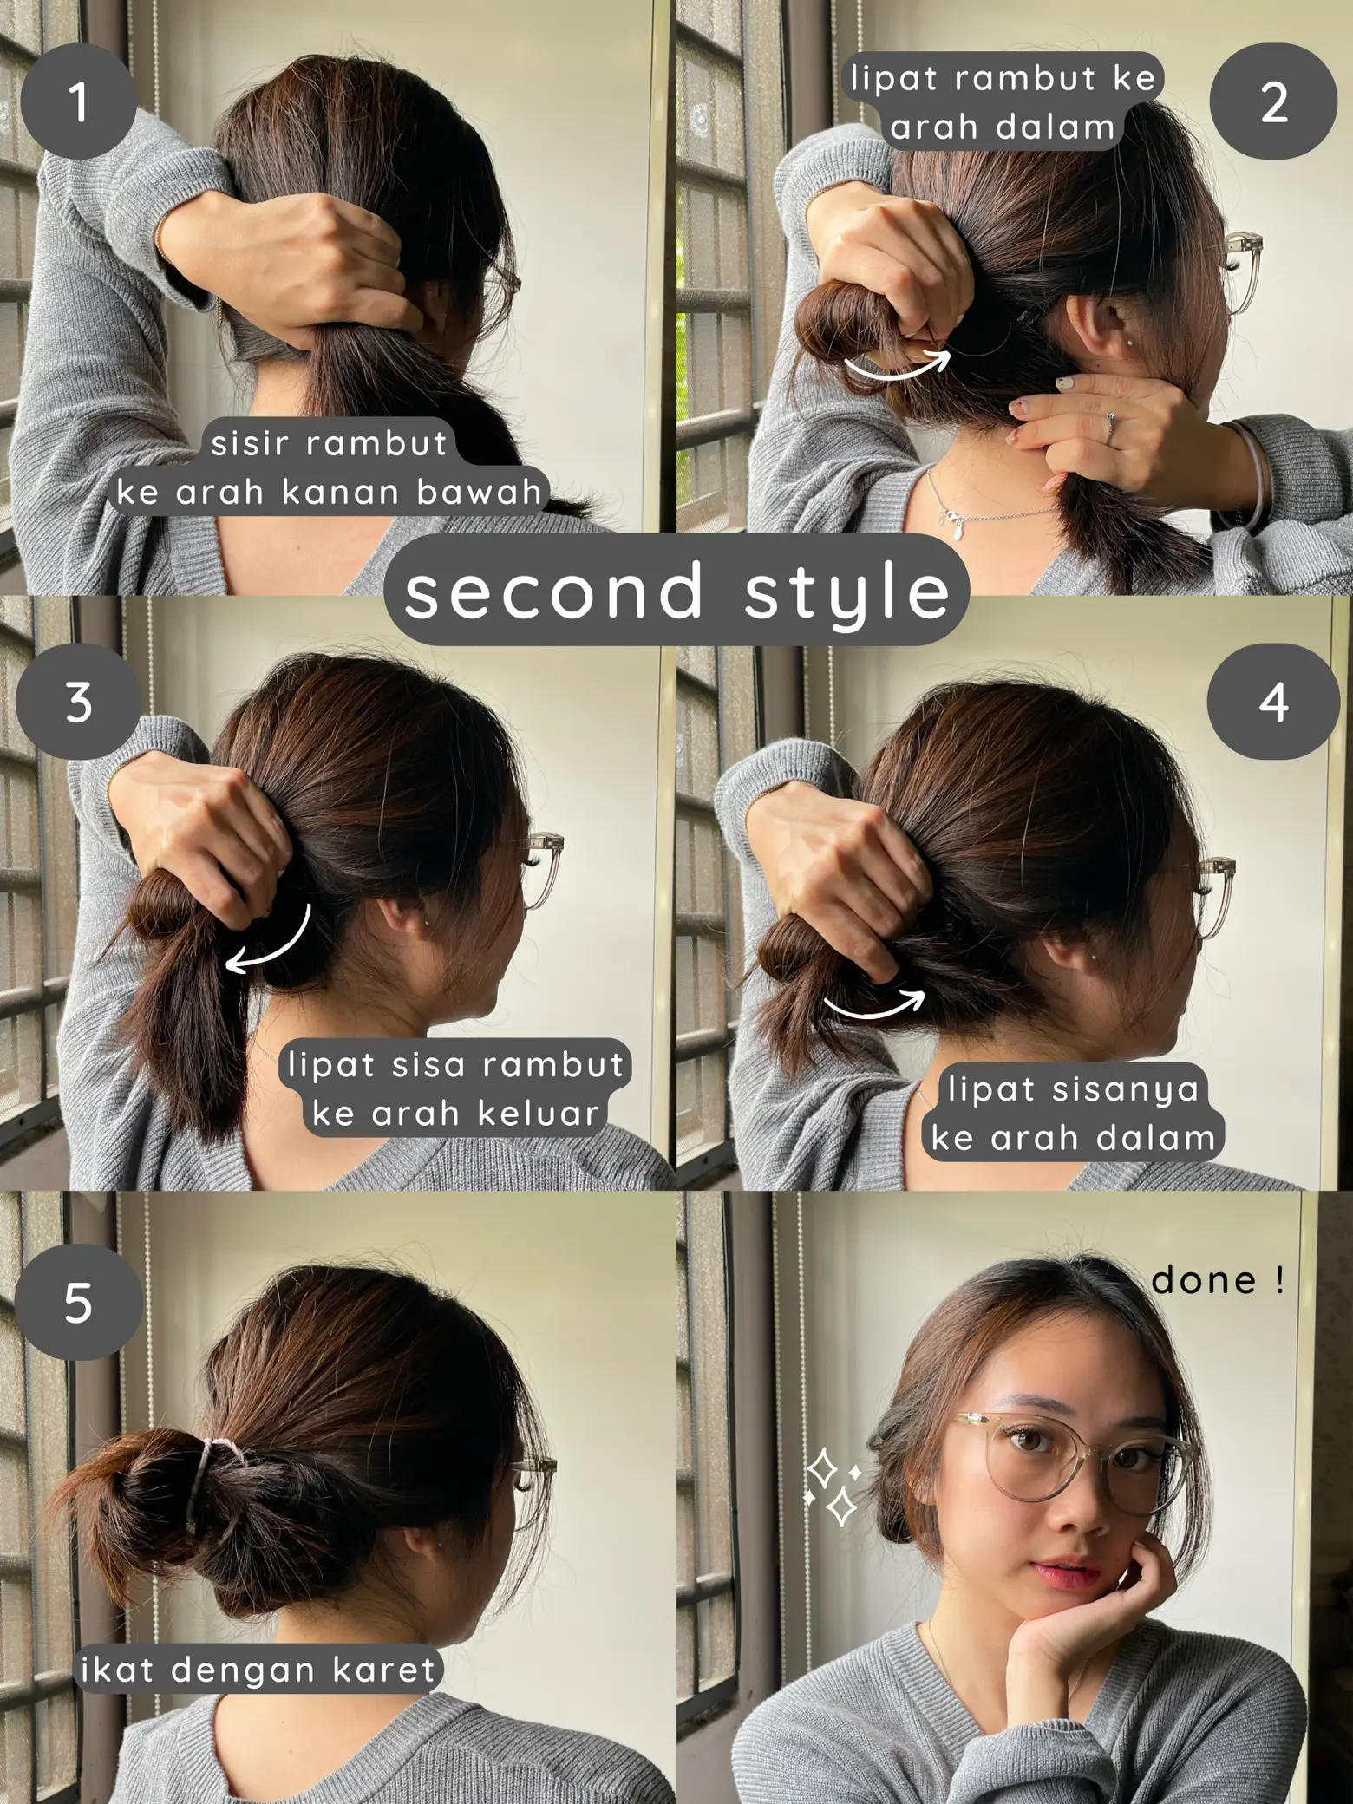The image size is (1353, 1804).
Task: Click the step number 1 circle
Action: point(78,102)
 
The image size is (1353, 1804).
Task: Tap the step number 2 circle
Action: point(1272,102)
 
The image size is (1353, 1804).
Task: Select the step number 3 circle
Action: point(78,701)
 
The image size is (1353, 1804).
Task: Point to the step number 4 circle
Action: point(1272,701)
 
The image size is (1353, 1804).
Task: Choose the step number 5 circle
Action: point(78,1301)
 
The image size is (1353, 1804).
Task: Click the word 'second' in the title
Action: point(553,590)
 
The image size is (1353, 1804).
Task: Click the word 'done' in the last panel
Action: point(1203,1280)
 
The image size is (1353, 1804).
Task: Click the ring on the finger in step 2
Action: point(1109,424)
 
